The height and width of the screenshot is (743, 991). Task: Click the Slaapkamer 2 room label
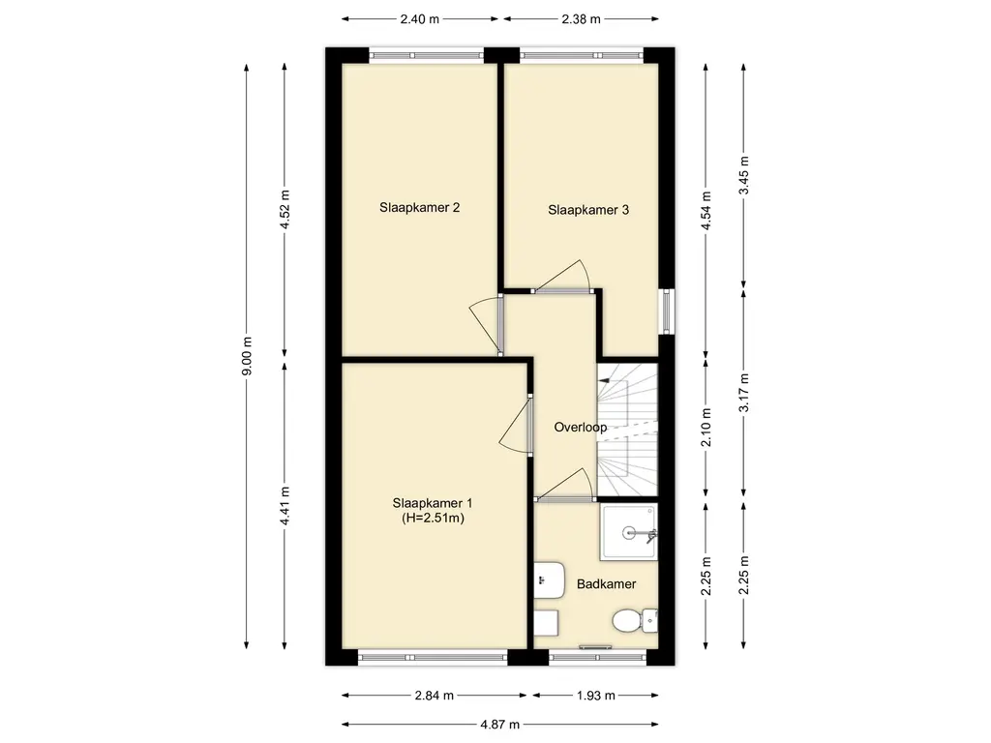419,207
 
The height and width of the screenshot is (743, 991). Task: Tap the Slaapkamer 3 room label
588,210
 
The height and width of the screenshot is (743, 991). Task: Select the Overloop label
581,427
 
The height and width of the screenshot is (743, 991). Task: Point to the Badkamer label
606,583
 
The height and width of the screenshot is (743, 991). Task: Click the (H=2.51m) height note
433,519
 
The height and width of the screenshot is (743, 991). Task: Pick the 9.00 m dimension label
247,356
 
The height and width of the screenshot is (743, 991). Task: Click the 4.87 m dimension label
500,724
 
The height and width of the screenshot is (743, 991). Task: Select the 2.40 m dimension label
420,19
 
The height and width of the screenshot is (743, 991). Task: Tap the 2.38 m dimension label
581,19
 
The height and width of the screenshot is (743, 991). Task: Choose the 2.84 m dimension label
435,696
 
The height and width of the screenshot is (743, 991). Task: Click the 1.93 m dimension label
595,696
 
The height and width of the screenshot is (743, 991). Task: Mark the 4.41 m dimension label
285,505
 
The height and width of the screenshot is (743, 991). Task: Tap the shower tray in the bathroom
628,531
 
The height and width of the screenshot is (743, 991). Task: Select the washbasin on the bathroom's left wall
549,580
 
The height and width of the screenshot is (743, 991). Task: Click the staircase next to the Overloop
627,430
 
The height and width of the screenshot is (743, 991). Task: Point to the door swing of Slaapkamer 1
516,426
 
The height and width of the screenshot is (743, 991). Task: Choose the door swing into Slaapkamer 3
563,276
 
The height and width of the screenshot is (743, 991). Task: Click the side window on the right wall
667,311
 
